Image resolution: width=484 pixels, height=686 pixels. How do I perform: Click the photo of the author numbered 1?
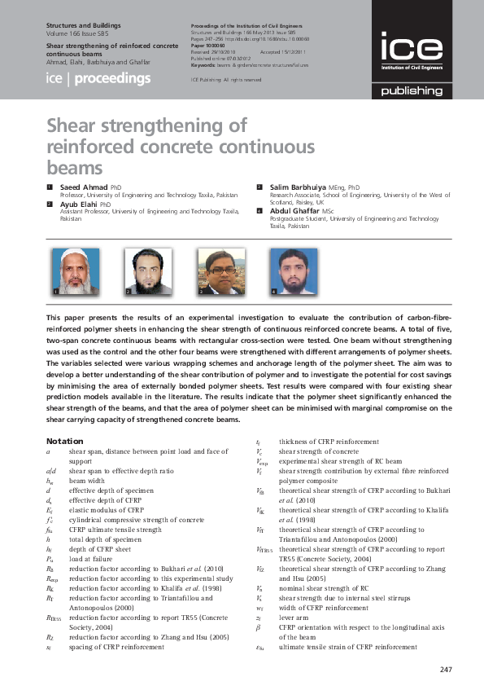pos(76,271)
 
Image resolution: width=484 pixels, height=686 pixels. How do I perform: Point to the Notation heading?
pos(64,442)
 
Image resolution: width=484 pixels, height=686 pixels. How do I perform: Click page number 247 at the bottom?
pos(444,670)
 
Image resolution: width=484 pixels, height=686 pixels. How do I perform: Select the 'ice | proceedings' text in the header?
pos(98,79)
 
